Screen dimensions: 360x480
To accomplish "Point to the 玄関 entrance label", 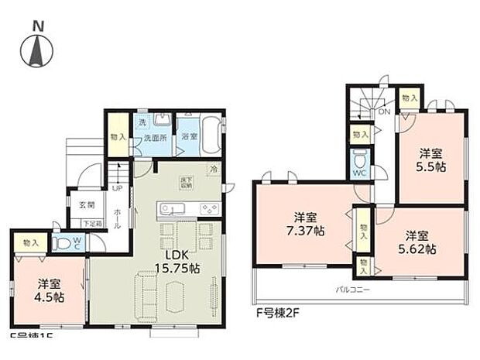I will [x=85, y=206].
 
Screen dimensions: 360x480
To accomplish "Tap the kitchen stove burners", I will [x=210, y=208].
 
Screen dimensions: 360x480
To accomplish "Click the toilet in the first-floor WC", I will [x=66, y=242].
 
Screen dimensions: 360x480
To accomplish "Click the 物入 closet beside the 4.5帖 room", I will [x=31, y=242].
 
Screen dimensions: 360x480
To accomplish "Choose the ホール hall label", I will [x=117, y=215].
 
